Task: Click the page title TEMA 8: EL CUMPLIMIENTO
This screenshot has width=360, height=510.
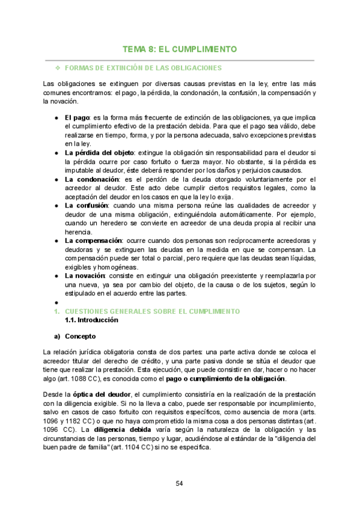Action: (180, 49)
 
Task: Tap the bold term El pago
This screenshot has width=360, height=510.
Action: (77, 118)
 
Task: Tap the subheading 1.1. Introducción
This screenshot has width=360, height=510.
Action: (91, 320)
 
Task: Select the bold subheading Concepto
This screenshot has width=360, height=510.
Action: (81, 336)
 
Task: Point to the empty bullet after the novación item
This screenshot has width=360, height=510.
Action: (55, 303)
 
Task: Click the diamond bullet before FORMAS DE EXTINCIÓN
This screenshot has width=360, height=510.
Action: (58, 68)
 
